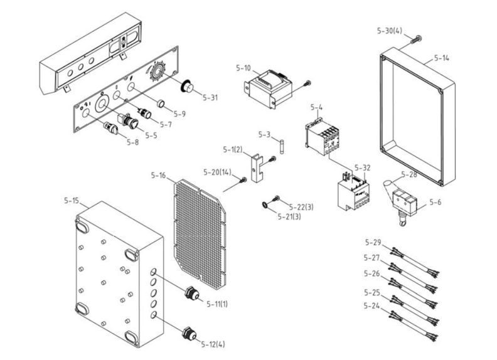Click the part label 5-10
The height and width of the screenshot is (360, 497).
point(243,67)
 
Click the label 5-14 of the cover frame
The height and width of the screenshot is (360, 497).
point(441,58)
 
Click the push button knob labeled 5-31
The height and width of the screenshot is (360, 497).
point(187,87)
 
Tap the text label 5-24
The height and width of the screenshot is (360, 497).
point(372,305)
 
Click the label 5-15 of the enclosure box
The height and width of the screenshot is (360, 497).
point(72,201)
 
